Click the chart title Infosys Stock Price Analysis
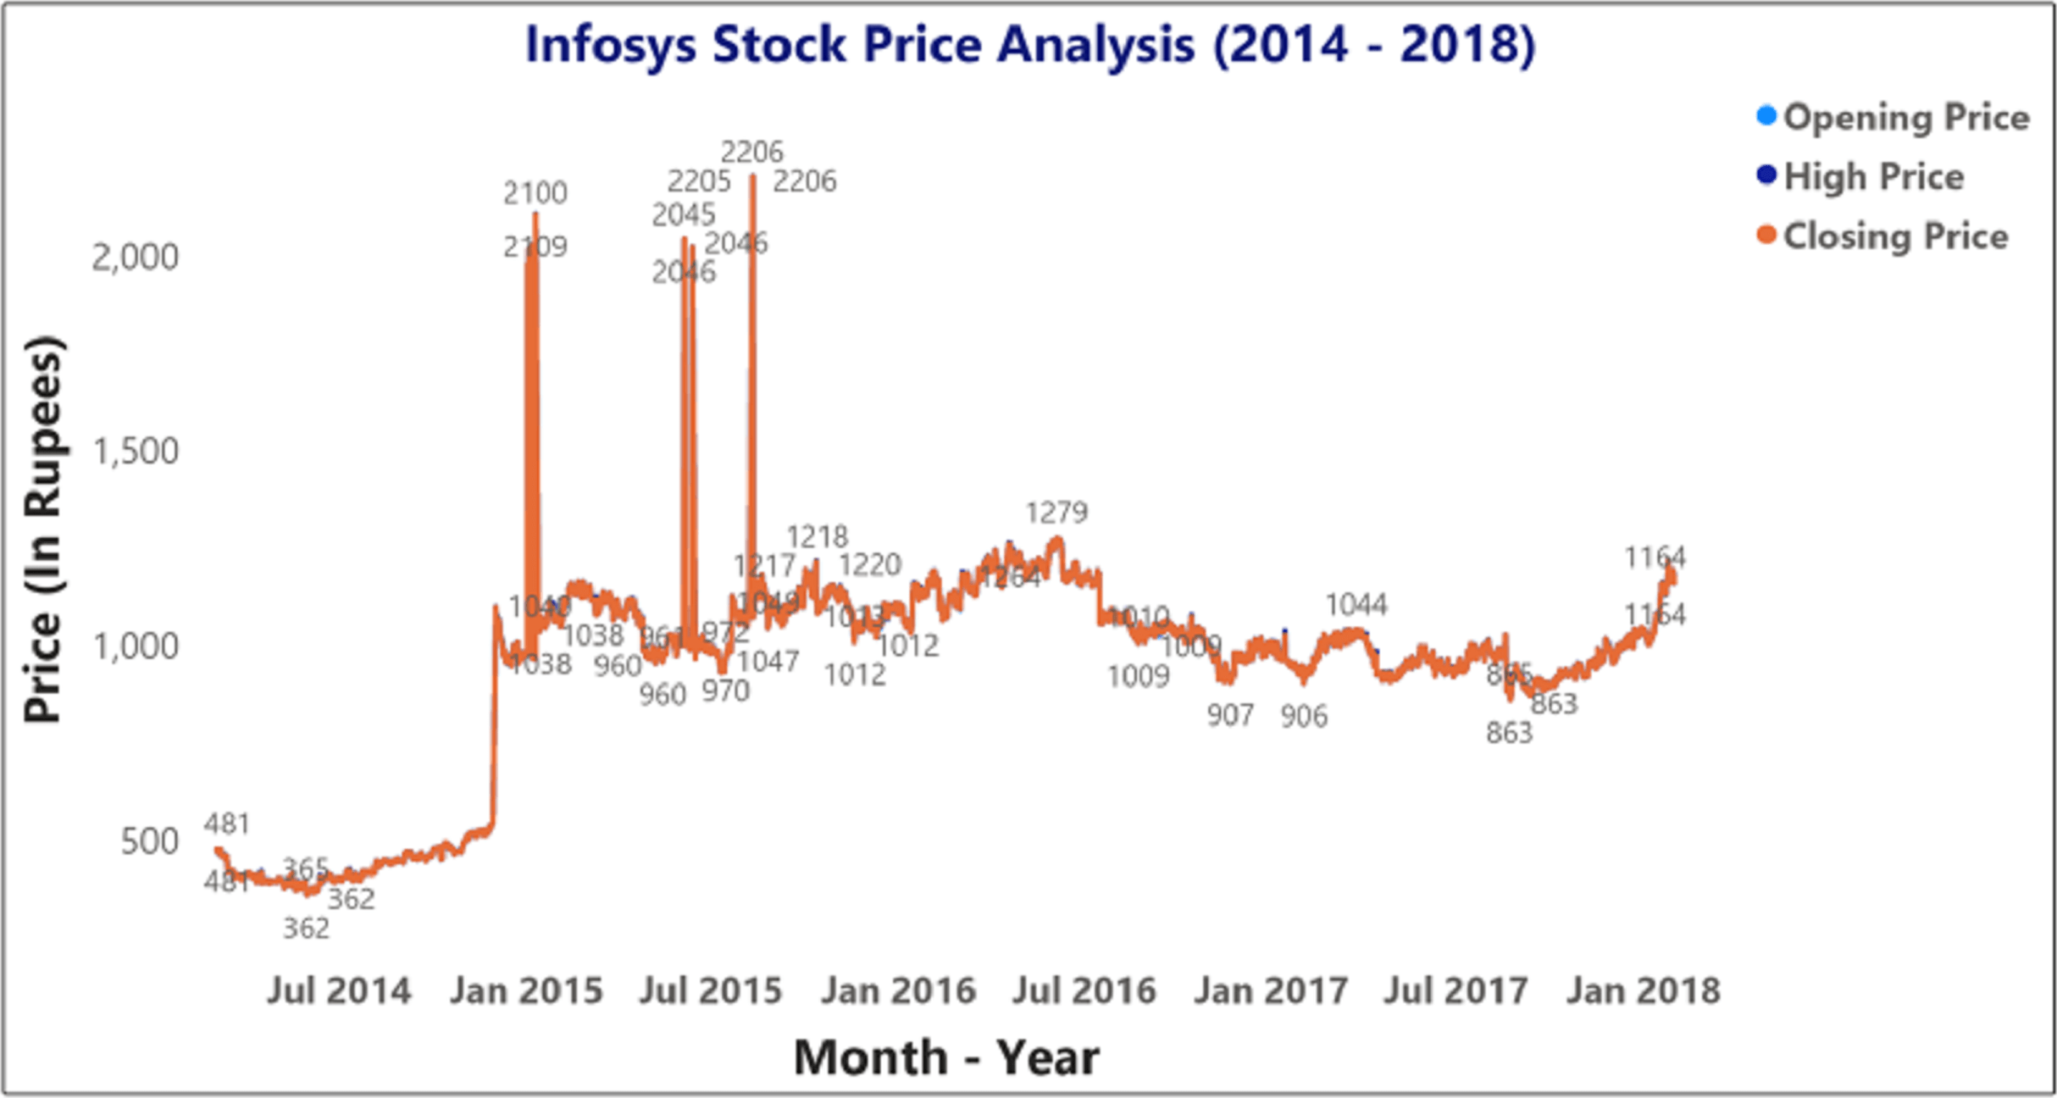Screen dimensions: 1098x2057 click(x=1029, y=44)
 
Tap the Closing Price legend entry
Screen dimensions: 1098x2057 click(x=1894, y=236)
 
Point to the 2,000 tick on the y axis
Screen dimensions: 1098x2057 click(x=136, y=257)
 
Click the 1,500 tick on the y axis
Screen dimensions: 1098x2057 click(x=136, y=451)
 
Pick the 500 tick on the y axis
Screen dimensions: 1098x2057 click(x=149, y=841)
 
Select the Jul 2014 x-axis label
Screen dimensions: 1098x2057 click(x=339, y=990)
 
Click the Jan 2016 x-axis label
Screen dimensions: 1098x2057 click(x=898, y=990)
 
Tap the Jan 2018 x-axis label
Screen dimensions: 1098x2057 click(x=1643, y=990)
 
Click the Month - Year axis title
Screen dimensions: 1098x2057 click(x=946, y=1056)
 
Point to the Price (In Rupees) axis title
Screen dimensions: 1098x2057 click(x=42, y=530)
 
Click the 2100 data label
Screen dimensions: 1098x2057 click(x=535, y=193)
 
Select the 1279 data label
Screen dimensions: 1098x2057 click(x=1056, y=513)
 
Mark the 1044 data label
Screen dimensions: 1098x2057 click(x=1356, y=605)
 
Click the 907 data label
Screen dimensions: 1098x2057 click(x=1230, y=716)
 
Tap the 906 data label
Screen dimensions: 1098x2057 click(x=1304, y=717)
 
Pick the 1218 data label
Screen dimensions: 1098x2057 click(x=817, y=537)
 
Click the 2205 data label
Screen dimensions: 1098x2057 click(x=698, y=181)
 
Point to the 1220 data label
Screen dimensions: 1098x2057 click(x=870, y=565)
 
